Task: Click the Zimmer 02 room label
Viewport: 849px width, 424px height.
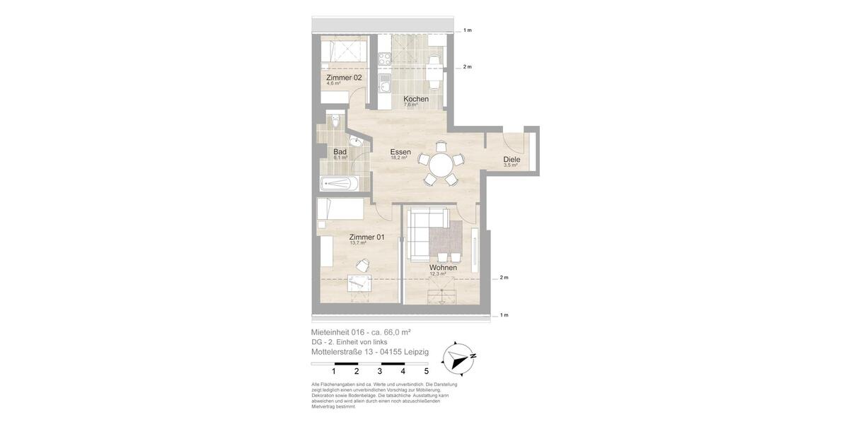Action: point(344,77)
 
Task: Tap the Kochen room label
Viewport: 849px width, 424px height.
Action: point(416,99)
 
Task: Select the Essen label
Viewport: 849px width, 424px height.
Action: point(400,152)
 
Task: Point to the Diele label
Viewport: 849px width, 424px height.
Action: point(512,160)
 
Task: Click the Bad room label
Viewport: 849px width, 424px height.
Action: point(340,152)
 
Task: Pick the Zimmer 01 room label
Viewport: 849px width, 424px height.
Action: point(366,237)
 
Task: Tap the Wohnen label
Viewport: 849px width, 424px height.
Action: point(443,268)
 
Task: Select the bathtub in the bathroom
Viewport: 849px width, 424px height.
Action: point(340,184)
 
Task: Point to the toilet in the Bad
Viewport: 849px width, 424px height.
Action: point(335,123)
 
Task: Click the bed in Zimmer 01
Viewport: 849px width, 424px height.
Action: point(340,210)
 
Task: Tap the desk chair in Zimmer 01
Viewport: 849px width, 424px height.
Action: point(362,265)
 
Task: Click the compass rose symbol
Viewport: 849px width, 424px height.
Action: point(458,358)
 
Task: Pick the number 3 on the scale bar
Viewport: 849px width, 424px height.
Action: point(380,371)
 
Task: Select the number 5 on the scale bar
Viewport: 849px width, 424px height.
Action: point(426,371)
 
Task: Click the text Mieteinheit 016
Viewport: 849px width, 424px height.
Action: point(337,332)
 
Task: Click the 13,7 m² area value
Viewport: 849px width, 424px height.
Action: point(358,243)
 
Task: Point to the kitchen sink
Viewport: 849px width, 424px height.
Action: point(384,86)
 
